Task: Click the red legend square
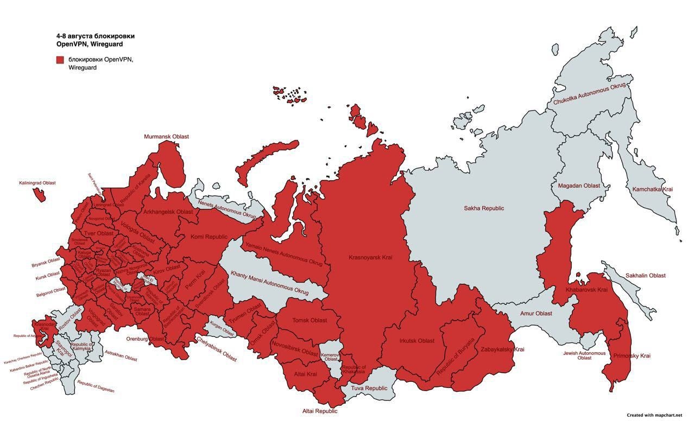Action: pos(60,60)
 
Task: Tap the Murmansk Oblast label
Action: pos(166,137)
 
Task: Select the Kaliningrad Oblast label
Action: pos(37,183)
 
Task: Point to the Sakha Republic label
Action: pos(484,208)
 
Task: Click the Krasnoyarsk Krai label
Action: pos(370,257)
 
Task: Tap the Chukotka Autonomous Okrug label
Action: pos(589,94)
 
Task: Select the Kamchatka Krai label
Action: pos(652,189)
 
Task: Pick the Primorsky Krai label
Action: pos(631,356)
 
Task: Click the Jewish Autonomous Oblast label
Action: pos(584,355)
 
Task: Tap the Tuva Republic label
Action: pos(369,388)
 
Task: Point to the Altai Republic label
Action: pos(320,411)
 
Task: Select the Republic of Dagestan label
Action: pos(96,386)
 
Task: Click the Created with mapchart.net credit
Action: pos(654,415)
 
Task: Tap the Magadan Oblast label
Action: pos(579,186)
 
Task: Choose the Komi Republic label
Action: pos(209,237)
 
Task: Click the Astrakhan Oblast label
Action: pos(121,356)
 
